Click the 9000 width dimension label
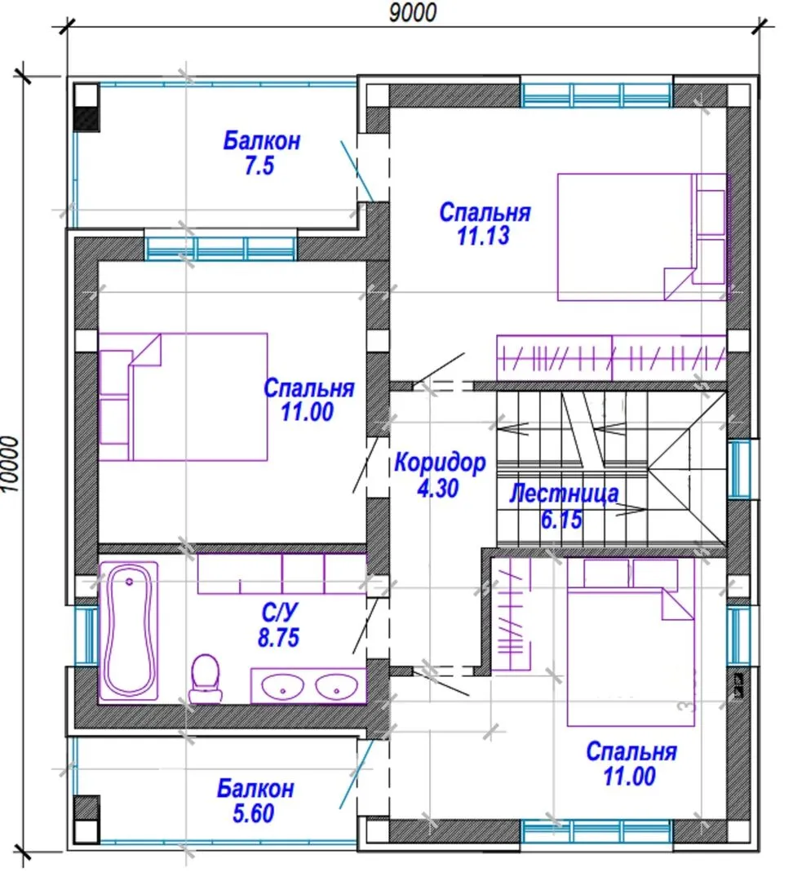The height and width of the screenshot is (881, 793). [x=413, y=12]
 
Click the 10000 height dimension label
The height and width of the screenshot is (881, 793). [x=11, y=465]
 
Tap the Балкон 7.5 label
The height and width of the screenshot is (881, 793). [x=261, y=153]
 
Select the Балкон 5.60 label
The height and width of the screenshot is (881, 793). [x=255, y=801]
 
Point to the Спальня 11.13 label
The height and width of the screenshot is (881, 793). [x=485, y=224]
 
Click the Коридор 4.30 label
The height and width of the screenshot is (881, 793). [x=440, y=475]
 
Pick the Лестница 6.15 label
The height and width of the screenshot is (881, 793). [x=564, y=506]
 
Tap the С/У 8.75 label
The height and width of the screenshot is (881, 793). [x=279, y=626]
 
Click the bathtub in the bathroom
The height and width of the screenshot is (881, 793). [x=129, y=631]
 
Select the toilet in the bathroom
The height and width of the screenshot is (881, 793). [x=205, y=678]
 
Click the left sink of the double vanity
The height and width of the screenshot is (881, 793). [x=283, y=686]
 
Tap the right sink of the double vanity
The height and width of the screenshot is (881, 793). [x=336, y=686]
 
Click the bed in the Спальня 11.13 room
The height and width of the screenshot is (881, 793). [x=642, y=237]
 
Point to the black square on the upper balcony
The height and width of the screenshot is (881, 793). [x=87, y=118]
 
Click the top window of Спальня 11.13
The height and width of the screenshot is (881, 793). [x=596, y=95]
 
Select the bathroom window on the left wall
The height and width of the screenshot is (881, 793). [x=86, y=635]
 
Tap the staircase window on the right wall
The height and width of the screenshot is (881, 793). [x=739, y=469]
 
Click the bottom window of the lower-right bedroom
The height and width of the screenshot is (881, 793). [x=596, y=832]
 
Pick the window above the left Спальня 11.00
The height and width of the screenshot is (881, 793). [x=221, y=248]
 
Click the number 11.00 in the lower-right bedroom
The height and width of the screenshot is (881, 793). [x=630, y=777]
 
